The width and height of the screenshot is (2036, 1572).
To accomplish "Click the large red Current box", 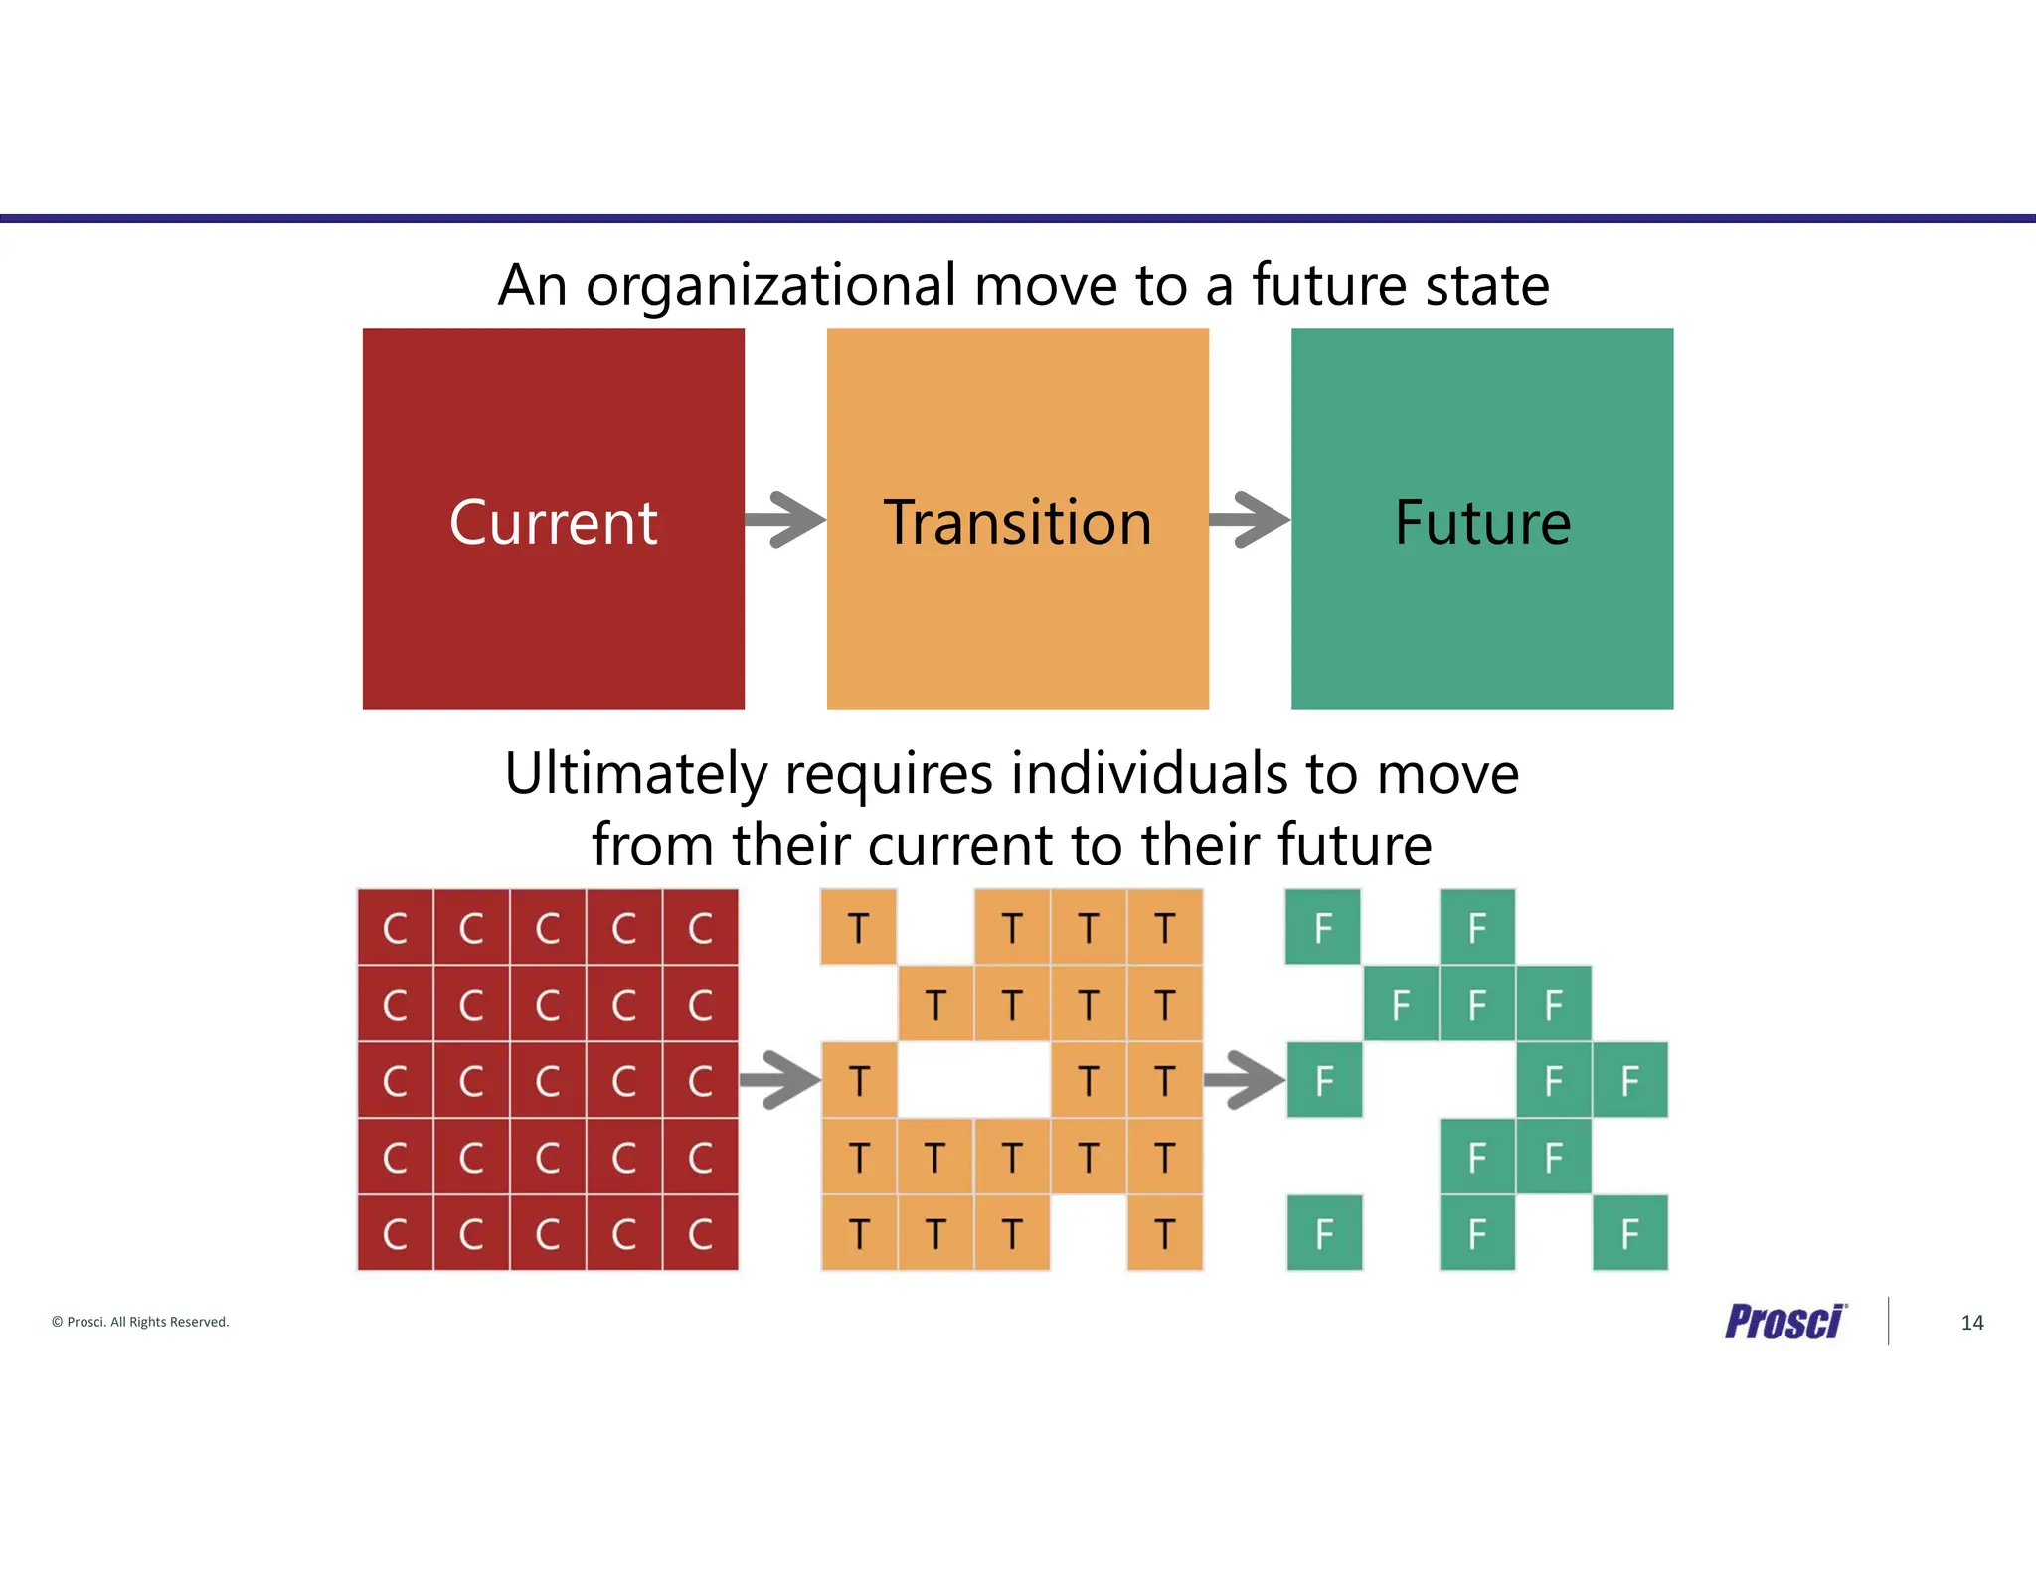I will [553, 519].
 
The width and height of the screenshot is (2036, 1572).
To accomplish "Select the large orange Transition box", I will [1017, 519].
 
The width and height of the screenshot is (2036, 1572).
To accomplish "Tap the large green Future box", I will [1481, 519].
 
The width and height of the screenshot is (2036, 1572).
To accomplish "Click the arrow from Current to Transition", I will [785, 519].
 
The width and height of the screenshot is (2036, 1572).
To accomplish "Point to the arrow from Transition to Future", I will [1250, 519].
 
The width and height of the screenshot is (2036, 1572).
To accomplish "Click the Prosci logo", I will [1784, 1322].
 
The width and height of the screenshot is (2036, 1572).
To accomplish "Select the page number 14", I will [1972, 1323].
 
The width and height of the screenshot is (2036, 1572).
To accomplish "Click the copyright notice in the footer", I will [140, 1322].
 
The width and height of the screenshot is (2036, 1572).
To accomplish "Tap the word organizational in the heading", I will [770, 286].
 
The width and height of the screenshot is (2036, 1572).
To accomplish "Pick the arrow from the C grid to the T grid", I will [780, 1080].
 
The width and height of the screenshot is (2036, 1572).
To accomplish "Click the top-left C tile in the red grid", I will [396, 928].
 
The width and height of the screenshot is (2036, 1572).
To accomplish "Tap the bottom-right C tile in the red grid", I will [701, 1234].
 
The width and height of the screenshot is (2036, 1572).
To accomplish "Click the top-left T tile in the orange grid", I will [859, 928].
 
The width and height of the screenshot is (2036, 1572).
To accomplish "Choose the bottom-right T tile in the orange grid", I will [1165, 1234].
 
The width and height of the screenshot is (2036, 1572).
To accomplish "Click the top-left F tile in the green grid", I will [1323, 928].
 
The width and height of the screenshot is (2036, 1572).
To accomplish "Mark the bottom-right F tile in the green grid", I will [1630, 1234].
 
